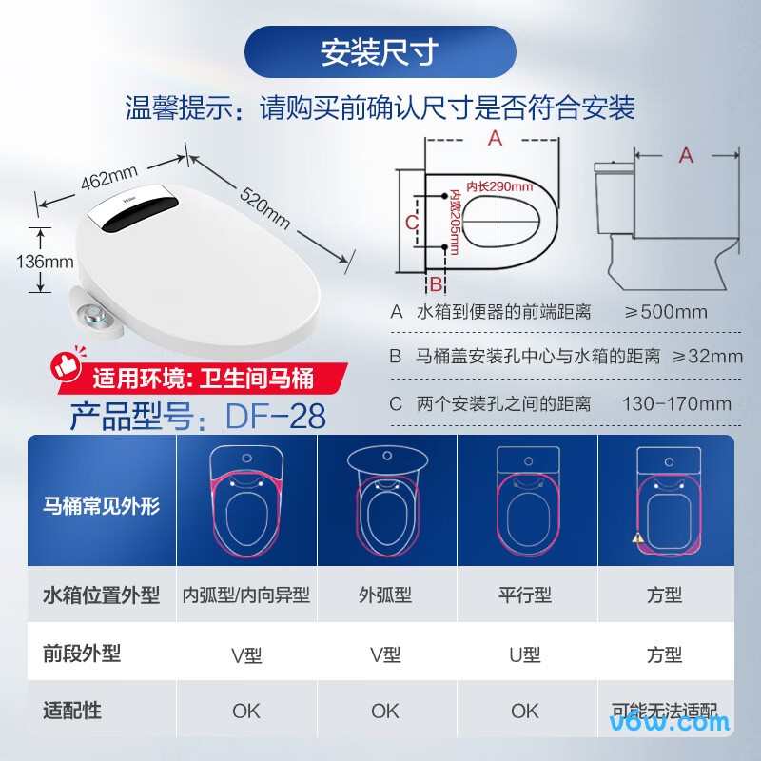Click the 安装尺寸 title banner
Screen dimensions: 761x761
[x=380, y=51]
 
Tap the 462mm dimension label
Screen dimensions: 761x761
[x=108, y=178]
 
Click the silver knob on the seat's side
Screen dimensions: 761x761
[x=92, y=315]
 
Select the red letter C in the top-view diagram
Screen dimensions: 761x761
[x=411, y=222]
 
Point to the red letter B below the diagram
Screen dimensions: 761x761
[x=435, y=283]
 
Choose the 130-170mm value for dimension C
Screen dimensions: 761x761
[x=676, y=403]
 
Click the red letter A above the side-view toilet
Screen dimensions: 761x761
[x=685, y=155]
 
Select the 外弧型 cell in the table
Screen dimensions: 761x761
[x=385, y=595]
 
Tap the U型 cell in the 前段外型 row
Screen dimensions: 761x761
[x=525, y=654]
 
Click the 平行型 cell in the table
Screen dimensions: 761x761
[x=525, y=595]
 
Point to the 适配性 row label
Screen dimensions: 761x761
[x=73, y=710]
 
